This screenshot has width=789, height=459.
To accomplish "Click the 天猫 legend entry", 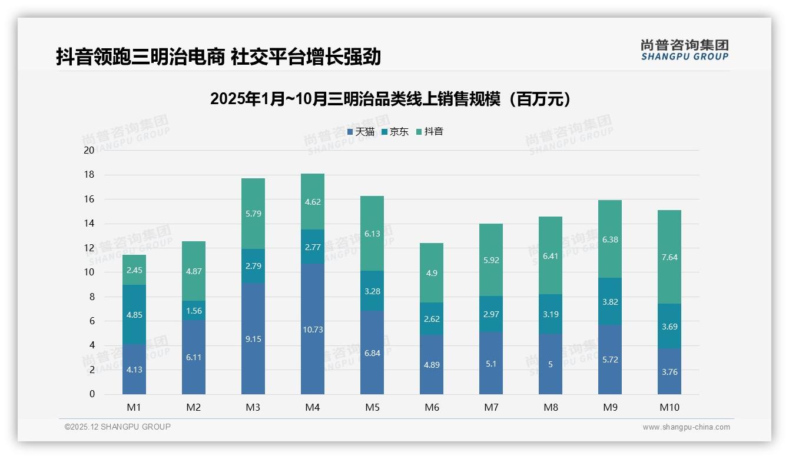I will point(361,132).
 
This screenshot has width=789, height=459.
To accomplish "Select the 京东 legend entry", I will point(395,132).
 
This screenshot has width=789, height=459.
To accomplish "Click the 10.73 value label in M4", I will point(313,330).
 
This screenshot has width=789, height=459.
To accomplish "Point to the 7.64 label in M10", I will point(669,257).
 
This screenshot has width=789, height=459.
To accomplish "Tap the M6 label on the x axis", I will point(432,407).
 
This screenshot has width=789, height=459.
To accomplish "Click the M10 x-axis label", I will point(669,407).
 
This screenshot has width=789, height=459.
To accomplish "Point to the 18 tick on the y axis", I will point(89,175).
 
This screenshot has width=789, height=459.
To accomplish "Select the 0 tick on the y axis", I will point(92,394).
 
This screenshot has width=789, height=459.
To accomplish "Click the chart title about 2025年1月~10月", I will point(390,99).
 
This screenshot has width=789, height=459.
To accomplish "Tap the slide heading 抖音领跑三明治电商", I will point(218,56).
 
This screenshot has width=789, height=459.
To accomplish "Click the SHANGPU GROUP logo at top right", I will point(684,49).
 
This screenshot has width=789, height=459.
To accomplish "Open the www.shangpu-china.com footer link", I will point(686,427).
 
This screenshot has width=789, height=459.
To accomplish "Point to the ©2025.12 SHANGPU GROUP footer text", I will point(118,427).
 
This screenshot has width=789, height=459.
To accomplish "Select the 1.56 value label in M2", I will point(194,311).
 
